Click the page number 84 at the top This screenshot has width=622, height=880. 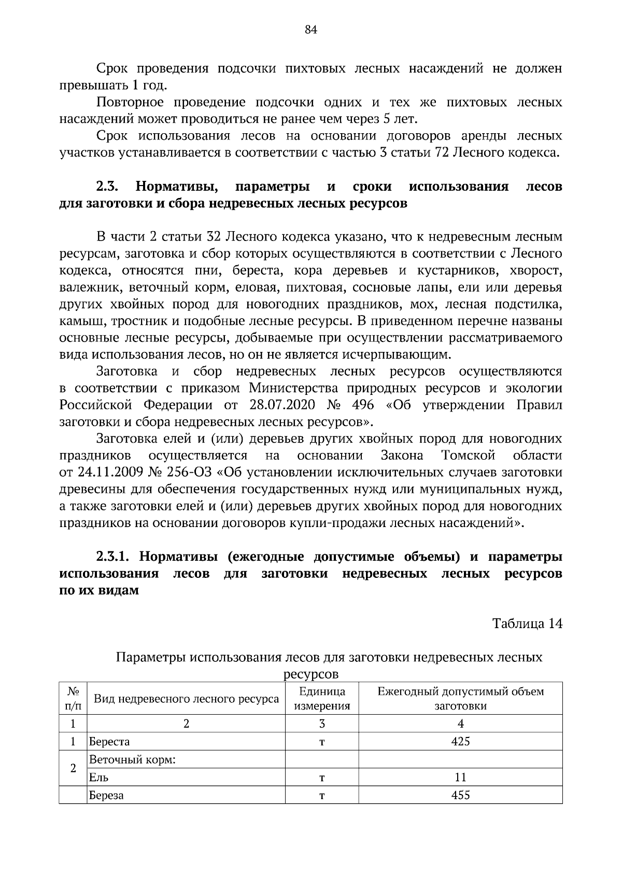(x=310, y=30)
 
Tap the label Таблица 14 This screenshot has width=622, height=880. (x=527, y=623)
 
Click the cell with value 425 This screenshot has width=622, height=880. (x=460, y=742)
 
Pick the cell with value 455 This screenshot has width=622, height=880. (x=460, y=794)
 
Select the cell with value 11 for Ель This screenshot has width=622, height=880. (x=460, y=777)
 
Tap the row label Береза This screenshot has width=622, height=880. (x=106, y=794)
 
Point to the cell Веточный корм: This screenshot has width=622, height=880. (x=133, y=760)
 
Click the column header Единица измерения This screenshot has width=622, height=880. (x=322, y=698)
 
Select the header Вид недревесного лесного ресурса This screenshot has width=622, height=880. (x=186, y=699)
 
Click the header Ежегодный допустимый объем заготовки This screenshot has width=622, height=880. (x=460, y=698)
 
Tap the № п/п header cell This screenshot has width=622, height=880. (x=73, y=698)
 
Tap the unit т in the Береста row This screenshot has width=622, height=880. (x=322, y=742)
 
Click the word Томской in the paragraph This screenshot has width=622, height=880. (x=469, y=456)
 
